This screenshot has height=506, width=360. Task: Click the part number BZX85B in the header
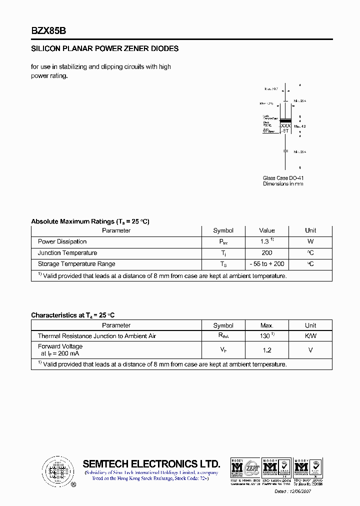[48, 30]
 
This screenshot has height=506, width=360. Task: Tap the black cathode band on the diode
[285, 120]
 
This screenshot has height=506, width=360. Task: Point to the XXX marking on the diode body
[285, 126]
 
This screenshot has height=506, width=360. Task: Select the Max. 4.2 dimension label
[299, 126]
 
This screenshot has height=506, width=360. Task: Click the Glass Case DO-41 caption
[283, 178]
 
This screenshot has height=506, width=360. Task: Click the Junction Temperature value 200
[266, 253]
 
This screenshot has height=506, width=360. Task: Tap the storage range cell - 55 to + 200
[266, 264]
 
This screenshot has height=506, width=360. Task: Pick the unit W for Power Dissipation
[310, 241]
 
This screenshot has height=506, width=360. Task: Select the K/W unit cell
[310, 336]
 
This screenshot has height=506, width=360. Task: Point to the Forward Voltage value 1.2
[266, 350]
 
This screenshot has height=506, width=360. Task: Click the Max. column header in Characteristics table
[266, 325]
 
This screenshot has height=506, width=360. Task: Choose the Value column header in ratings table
[266, 230]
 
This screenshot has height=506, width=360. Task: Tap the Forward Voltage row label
[60, 346]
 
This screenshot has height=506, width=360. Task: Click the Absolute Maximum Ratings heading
[90, 221]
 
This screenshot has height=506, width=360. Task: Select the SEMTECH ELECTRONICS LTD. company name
[151, 463]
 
